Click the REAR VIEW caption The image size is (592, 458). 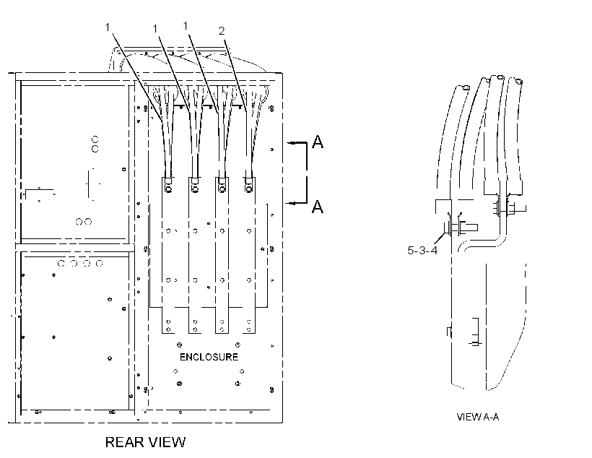(145, 442)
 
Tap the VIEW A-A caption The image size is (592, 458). (478, 417)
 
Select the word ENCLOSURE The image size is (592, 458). (209, 357)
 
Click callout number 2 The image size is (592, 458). (222, 31)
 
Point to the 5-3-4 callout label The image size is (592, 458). (422, 250)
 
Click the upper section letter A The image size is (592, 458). (318, 142)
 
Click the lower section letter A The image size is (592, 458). (318, 207)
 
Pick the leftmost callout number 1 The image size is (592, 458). (108, 27)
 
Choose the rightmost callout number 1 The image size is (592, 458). (186, 26)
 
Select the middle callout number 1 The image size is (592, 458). (154, 29)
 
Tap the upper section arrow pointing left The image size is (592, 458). (297, 142)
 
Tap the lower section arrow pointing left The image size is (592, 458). (297, 203)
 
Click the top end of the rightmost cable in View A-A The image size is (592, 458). (519, 81)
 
